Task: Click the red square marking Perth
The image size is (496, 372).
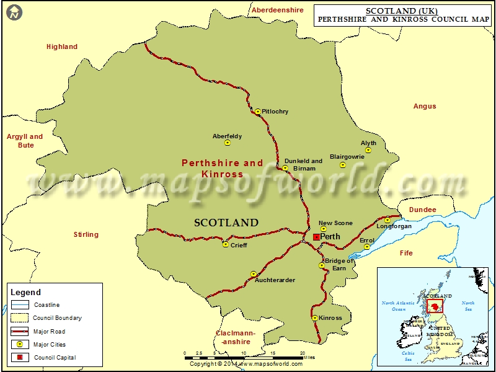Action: click(x=316, y=237)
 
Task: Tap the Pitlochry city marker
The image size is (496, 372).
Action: click(x=258, y=112)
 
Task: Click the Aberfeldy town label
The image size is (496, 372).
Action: click(x=227, y=136)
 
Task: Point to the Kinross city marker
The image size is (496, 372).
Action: click(x=315, y=318)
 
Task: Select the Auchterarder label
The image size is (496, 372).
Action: click(x=275, y=280)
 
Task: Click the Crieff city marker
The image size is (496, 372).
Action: click(x=226, y=244)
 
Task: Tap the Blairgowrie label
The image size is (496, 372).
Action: click(x=347, y=157)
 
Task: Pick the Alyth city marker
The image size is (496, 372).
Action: click(x=368, y=150)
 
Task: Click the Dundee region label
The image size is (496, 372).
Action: click(x=422, y=210)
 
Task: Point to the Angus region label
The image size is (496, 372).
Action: click(x=425, y=106)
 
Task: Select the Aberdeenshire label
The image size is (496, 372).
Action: click(x=277, y=10)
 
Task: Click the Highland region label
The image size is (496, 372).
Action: click(x=62, y=46)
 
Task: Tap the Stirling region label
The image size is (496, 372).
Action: click(x=86, y=234)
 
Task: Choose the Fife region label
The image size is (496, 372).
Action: click(x=406, y=253)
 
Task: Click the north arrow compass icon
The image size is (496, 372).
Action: click(x=14, y=11)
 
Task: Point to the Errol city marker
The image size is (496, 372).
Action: click(x=367, y=247)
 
